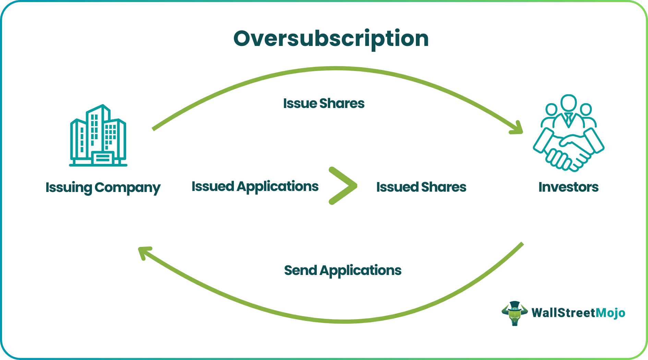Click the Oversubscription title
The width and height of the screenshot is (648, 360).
331,38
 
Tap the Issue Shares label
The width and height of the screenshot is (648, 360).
324,104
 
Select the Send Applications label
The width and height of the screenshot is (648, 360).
343,271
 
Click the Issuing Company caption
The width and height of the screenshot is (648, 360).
103,188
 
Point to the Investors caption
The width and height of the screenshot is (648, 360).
568,187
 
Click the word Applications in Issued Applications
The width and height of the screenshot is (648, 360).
277,187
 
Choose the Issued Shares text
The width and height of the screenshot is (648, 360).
421,187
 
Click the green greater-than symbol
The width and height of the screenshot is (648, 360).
343,186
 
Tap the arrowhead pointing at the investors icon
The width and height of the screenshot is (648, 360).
517,128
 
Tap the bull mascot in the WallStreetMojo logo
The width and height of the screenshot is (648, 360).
514,313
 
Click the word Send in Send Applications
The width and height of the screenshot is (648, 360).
300,271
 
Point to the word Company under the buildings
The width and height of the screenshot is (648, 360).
127,188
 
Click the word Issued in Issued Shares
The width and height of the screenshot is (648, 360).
397,187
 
